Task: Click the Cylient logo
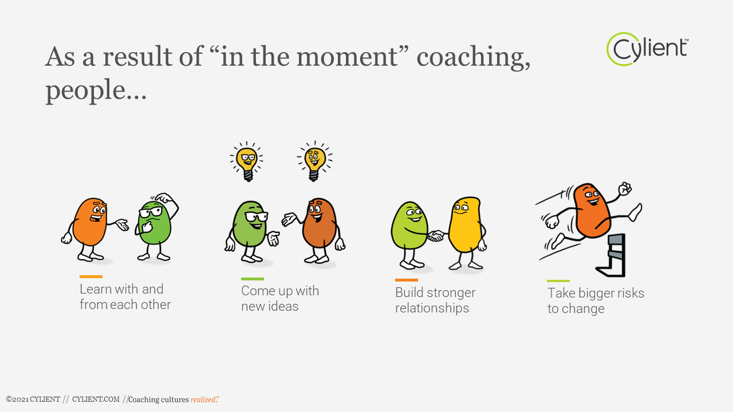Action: click(647, 49)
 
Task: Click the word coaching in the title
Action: click(473, 57)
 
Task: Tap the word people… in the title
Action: click(96, 91)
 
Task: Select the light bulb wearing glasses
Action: click(247, 161)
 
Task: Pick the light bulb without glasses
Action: click(314, 161)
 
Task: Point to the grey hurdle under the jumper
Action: click(611, 255)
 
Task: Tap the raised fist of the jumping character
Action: click(625, 189)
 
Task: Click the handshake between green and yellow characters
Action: click(436, 236)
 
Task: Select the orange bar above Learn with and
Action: click(91, 276)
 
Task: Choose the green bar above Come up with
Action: click(253, 279)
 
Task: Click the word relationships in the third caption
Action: click(432, 308)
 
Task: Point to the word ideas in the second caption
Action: click(283, 306)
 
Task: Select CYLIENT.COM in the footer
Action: click(96, 399)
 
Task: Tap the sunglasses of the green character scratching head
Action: click(151, 212)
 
